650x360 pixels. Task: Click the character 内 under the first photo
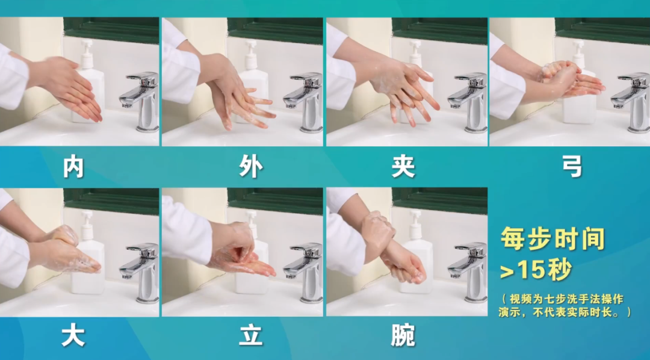pos(73,167)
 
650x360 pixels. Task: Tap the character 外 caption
pos(251,167)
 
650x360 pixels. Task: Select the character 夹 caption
pos(403,167)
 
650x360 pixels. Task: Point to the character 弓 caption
pos(572,166)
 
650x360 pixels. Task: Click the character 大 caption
pos(73,335)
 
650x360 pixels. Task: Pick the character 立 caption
pos(251,335)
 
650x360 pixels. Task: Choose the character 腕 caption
pos(403,335)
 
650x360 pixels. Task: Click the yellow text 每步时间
pos(552,239)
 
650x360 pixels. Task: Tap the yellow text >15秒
pos(536,270)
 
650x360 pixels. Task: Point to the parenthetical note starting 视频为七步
pos(565,305)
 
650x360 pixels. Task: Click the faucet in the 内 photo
pos(140,101)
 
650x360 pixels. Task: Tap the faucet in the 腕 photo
pos(468,272)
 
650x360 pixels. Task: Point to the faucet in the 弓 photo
pos(631,102)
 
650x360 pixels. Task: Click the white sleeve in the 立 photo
pos(187,232)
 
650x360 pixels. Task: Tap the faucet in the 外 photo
pos(304,102)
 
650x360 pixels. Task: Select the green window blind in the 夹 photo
pos(439,31)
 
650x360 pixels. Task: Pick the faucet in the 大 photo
pos(140,272)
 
